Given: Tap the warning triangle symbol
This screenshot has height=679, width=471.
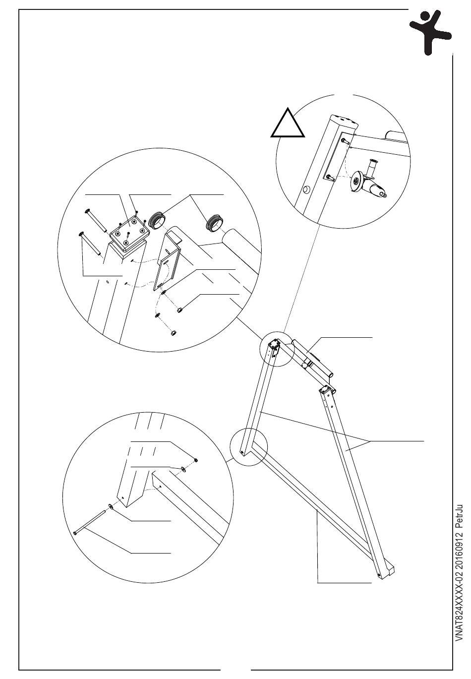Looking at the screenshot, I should point(289,125).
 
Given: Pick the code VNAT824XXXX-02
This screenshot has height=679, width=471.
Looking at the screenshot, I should point(459,620).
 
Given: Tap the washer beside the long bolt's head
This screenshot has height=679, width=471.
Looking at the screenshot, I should point(110,506).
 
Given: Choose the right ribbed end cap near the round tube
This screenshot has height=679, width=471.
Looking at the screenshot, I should point(215,223).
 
